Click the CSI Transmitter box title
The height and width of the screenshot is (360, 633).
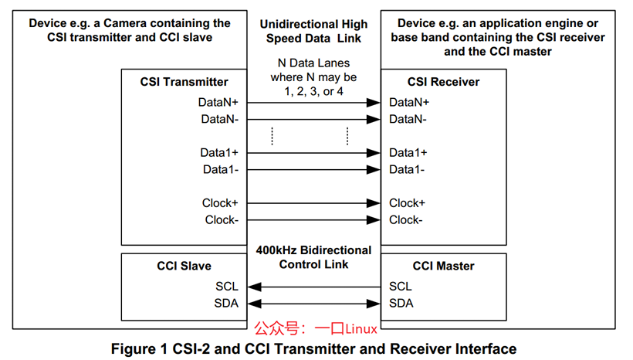pyautogui.click(x=184, y=82)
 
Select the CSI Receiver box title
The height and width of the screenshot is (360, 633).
pyautogui.click(x=443, y=82)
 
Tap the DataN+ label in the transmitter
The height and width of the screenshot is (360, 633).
pyautogui.click(x=218, y=103)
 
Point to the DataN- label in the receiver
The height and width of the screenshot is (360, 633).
pyautogui.click(x=408, y=120)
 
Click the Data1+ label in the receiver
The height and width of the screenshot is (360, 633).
pyautogui.click(x=408, y=153)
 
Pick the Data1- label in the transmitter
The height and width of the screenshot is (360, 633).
pyautogui.click(x=221, y=170)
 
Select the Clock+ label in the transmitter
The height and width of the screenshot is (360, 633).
pyautogui.click(x=220, y=203)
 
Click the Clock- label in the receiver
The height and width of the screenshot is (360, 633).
pyautogui.click(x=406, y=220)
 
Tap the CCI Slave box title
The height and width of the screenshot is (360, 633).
pyautogui.click(x=184, y=267)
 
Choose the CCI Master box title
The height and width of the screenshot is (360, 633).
pyautogui.click(x=443, y=267)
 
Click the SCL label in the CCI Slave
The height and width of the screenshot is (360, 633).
pyautogui.click(x=227, y=287)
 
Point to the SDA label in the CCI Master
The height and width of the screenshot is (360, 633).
pyautogui.click(x=401, y=304)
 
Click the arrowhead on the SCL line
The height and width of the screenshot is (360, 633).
pyautogui.click(x=254, y=287)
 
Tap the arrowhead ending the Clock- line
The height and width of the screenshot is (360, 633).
pyautogui.click(x=374, y=220)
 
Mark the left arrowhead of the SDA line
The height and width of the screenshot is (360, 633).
pyautogui.click(x=254, y=304)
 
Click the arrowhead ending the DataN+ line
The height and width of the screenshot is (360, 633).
pyautogui.click(x=374, y=103)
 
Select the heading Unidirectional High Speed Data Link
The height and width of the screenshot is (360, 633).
pyautogui.click(x=313, y=32)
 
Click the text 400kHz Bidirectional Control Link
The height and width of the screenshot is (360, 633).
pyautogui.click(x=313, y=257)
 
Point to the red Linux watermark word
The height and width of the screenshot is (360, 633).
pyautogui.click(x=361, y=329)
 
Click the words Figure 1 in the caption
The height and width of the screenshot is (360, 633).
pyautogui.click(x=139, y=349)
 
